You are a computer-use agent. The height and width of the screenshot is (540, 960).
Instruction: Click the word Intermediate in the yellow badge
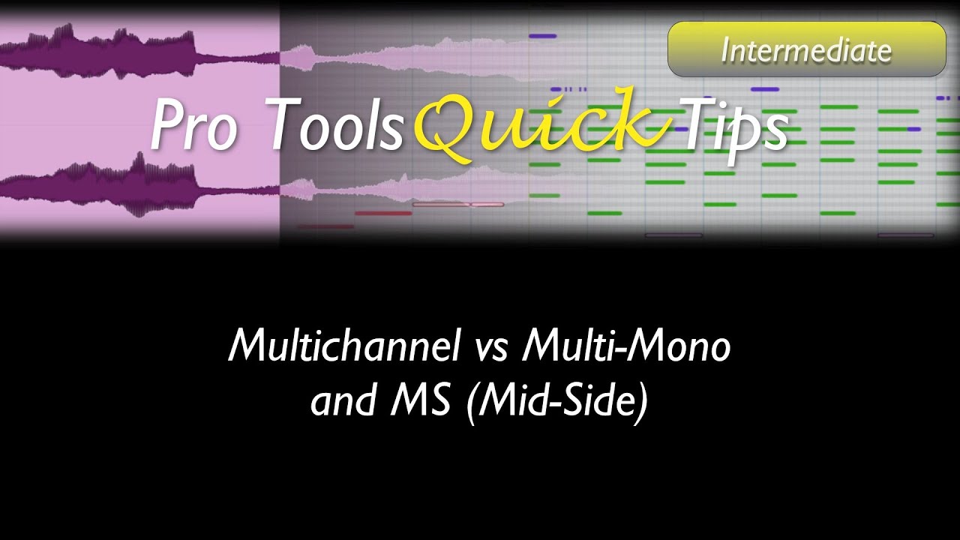[806, 50]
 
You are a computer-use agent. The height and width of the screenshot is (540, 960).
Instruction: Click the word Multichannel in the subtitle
[345, 346]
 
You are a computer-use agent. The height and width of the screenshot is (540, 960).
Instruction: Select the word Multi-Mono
[627, 346]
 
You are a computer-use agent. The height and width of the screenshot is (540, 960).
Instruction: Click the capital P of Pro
[167, 125]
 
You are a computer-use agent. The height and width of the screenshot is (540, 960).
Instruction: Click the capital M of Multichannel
[247, 346]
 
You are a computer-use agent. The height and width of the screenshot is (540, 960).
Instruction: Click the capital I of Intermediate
[724, 50]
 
